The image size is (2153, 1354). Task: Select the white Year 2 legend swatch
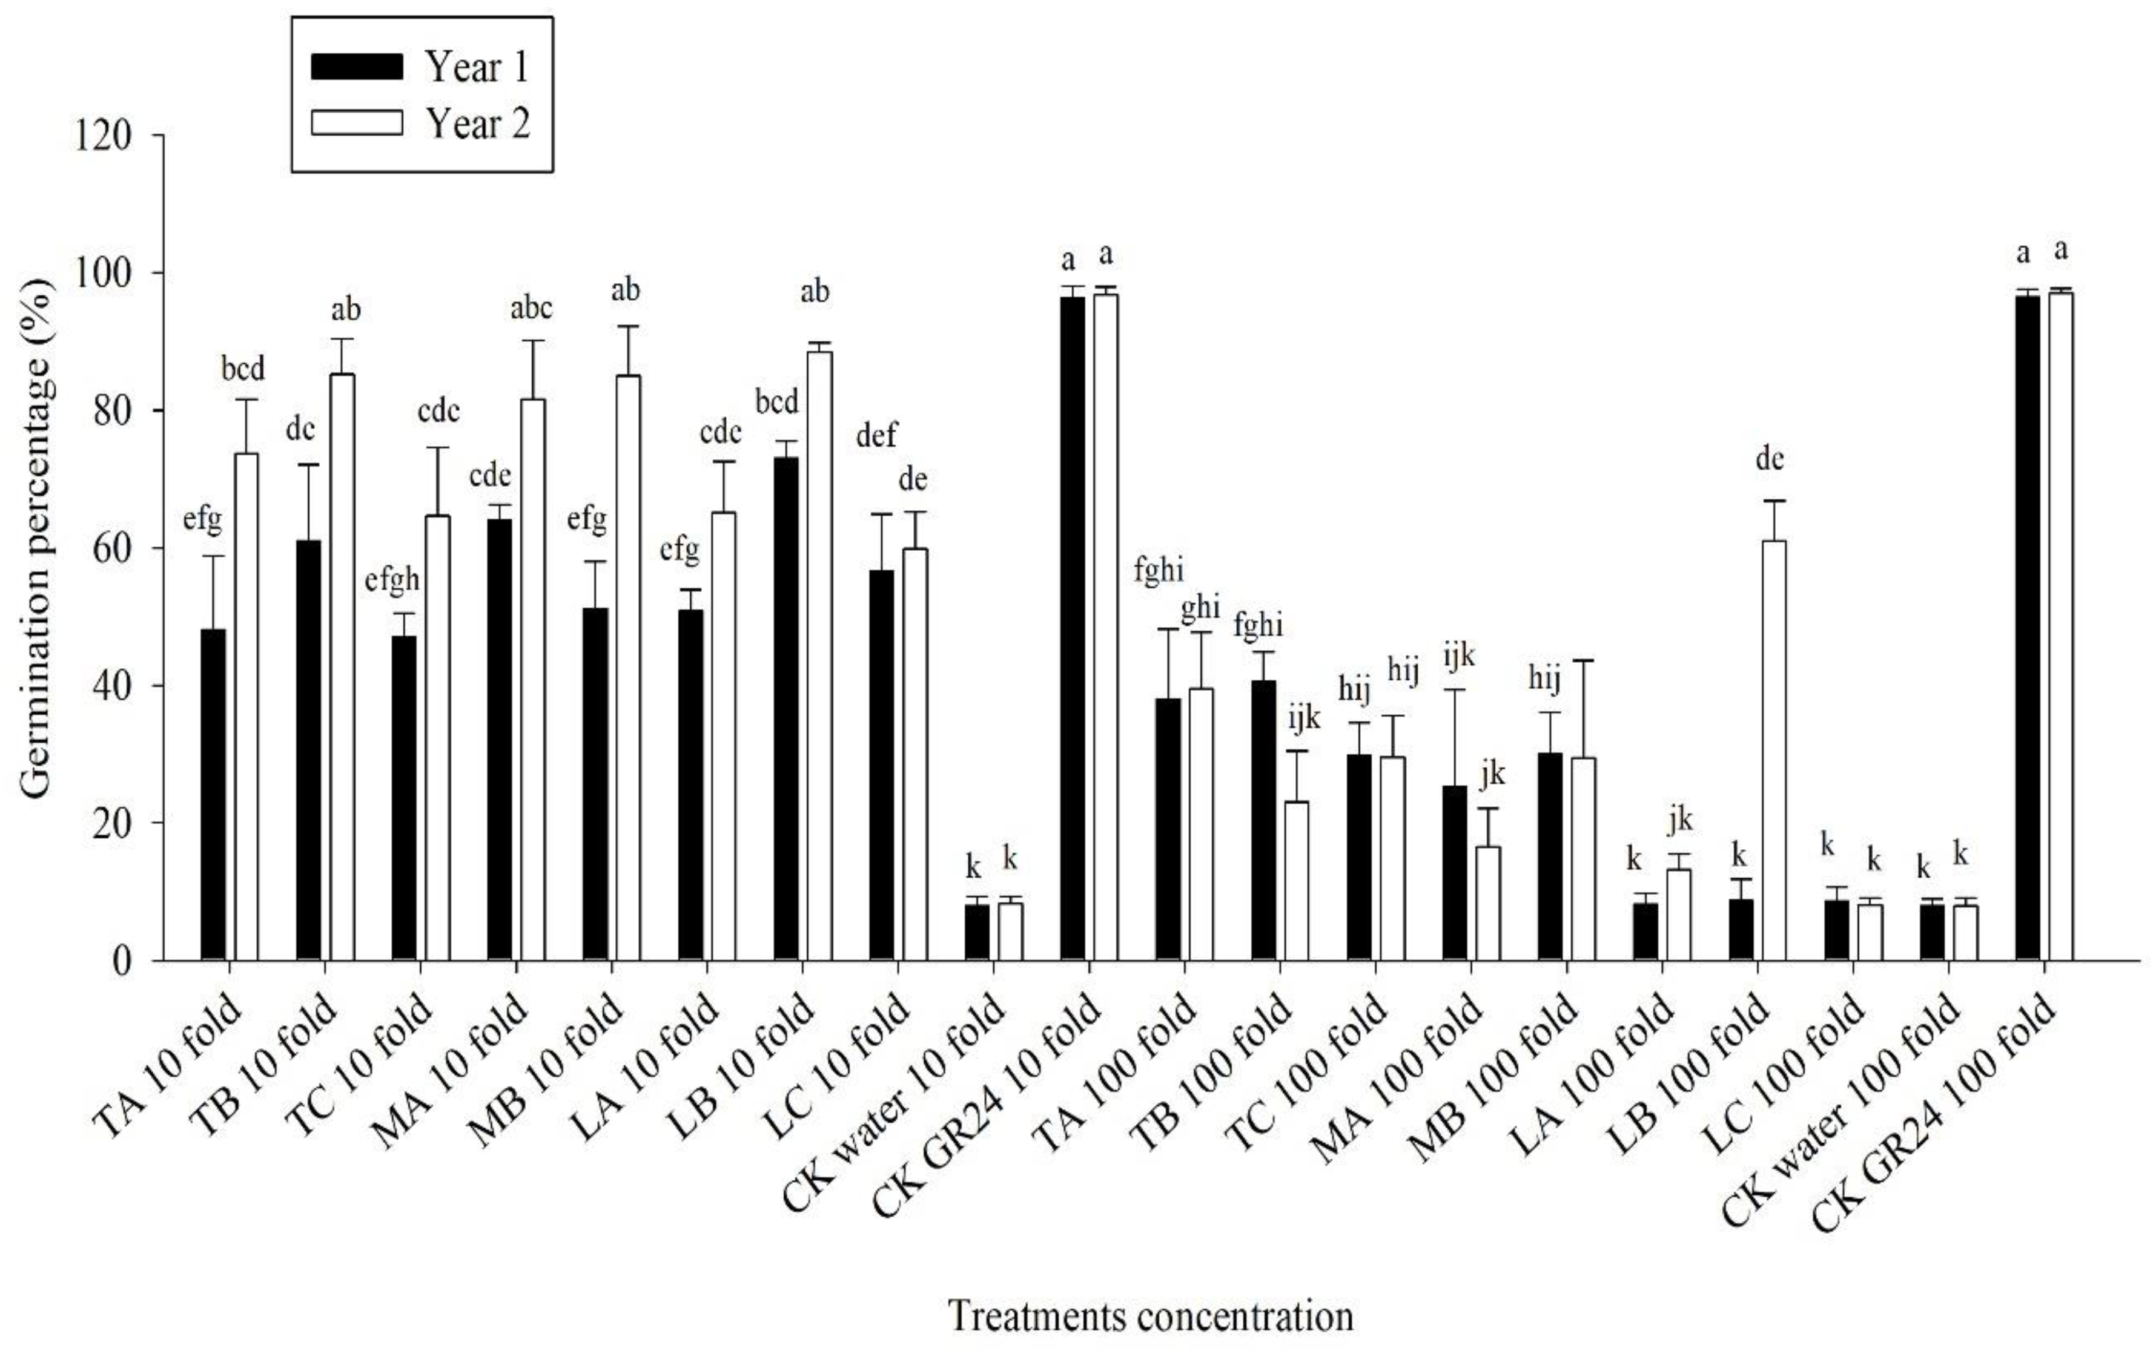pyautogui.click(x=357, y=122)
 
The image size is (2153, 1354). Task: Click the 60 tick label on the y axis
pyautogui.click(x=112, y=549)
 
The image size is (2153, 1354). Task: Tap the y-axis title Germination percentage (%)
pyautogui.click(x=38, y=536)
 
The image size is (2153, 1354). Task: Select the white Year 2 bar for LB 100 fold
pyautogui.click(x=1774, y=751)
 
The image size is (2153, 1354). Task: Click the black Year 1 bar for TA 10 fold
pyautogui.click(x=213, y=795)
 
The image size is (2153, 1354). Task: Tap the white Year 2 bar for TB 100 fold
pyautogui.click(x=1297, y=880)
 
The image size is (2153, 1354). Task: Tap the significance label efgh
pyautogui.click(x=392, y=580)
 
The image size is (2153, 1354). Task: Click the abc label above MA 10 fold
pyautogui.click(x=531, y=308)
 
